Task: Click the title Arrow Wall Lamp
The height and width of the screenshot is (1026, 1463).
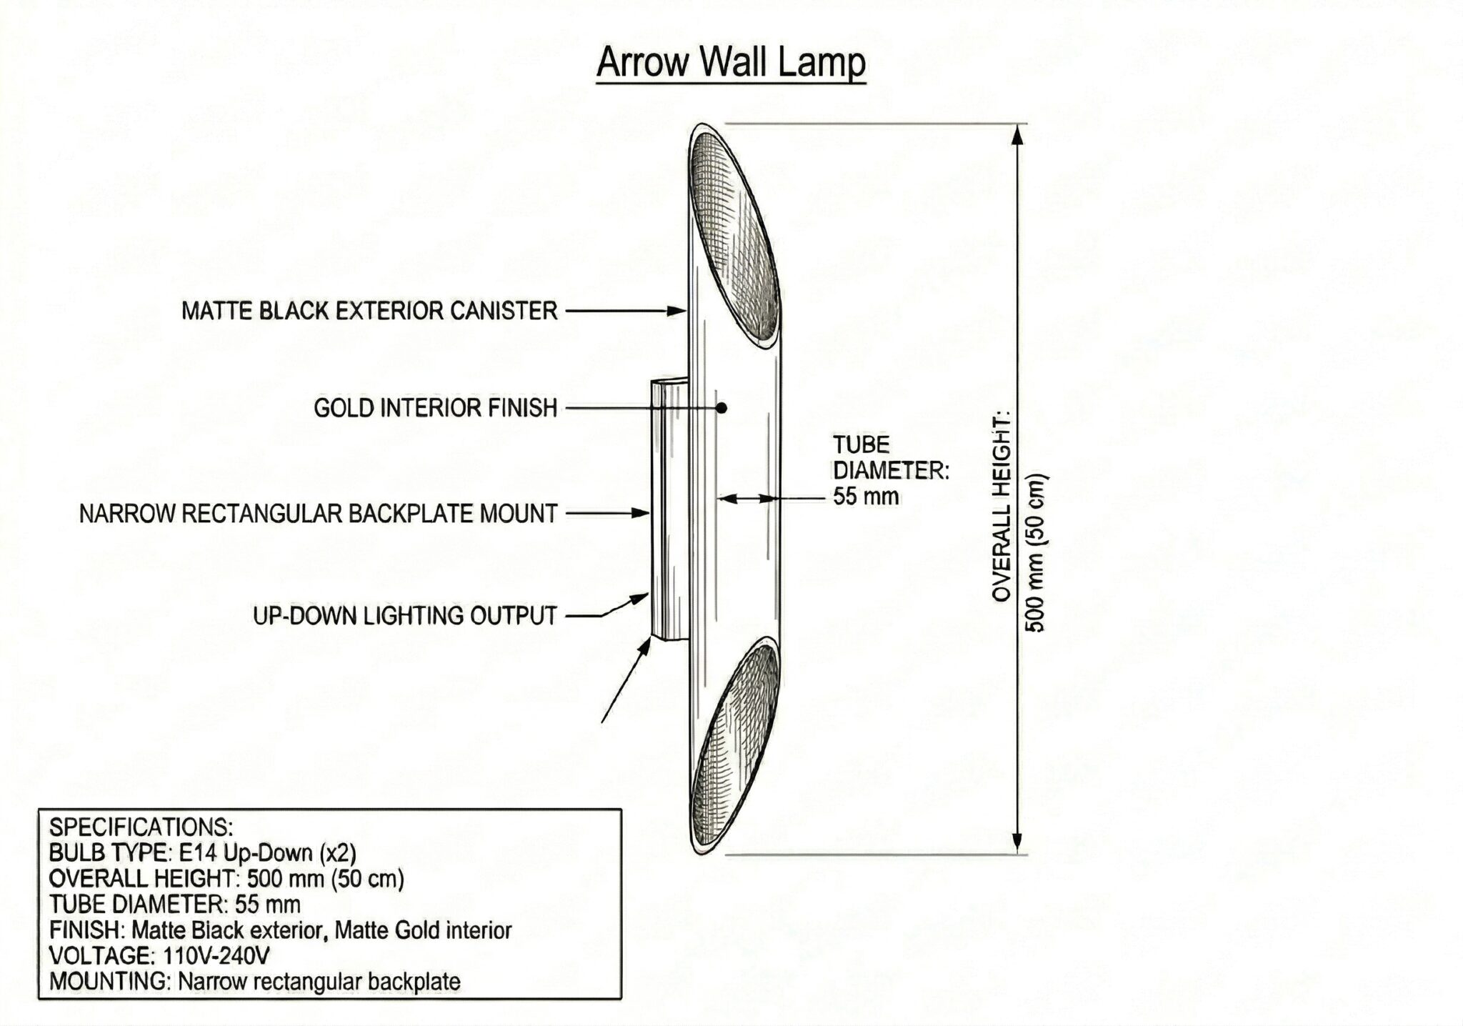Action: [731, 62]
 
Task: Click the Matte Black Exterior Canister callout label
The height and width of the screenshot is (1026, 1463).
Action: [369, 311]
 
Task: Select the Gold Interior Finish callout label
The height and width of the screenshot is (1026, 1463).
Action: [435, 408]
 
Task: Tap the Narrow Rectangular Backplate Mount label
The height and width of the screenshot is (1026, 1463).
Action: [318, 514]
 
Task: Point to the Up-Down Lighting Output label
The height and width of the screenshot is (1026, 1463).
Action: [405, 615]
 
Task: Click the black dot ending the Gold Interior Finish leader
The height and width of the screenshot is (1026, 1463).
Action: [722, 408]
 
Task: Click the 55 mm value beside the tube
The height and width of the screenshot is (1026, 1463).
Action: [866, 496]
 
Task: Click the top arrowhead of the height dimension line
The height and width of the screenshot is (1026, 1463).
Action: [1017, 133]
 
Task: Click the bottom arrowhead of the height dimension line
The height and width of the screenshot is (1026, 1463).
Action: [1017, 844]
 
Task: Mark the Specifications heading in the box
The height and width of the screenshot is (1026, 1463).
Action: [141, 827]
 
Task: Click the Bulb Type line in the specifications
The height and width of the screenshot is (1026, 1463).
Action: [202, 852]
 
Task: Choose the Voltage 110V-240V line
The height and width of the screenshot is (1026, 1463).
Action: [160, 955]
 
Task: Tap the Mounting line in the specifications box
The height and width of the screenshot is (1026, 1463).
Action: [254, 981]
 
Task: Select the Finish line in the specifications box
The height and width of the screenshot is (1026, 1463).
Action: [280, 930]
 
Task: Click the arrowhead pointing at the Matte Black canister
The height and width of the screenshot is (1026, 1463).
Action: [677, 311]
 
